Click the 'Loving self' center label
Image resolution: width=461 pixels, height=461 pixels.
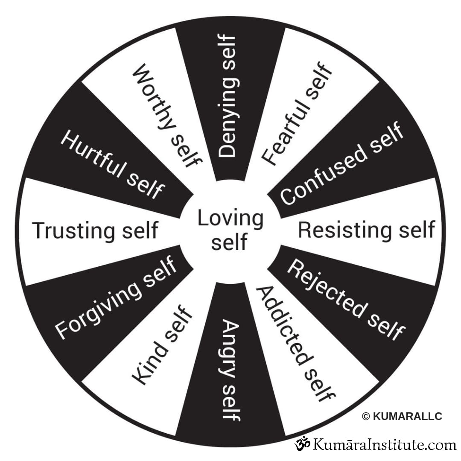(x=230, y=230)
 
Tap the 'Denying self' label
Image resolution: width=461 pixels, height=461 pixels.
(x=227, y=96)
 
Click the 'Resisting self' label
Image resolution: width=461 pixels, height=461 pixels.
(x=366, y=230)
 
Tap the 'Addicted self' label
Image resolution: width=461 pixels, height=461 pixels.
(x=295, y=344)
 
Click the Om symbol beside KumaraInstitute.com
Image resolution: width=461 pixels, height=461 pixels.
(x=303, y=444)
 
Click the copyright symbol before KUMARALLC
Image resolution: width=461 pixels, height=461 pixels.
(x=366, y=417)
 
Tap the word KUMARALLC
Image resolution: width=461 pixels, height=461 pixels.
(x=408, y=417)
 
